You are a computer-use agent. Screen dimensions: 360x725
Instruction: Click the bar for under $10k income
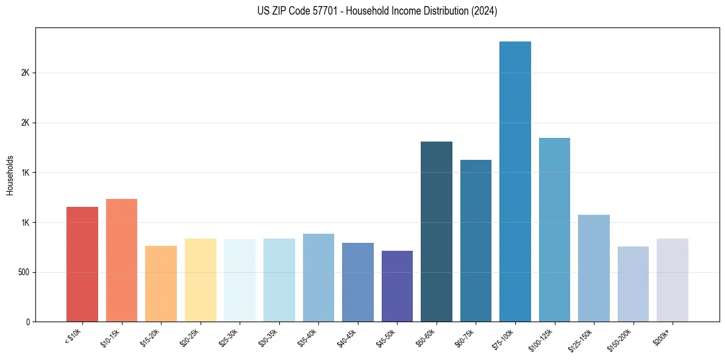click(82, 264)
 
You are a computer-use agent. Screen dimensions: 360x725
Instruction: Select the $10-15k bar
click(121, 260)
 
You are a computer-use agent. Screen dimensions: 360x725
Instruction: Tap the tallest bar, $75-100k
click(515, 181)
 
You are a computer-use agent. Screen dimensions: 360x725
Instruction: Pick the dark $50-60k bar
click(437, 231)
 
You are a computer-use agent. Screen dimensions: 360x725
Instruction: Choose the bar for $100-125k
click(554, 229)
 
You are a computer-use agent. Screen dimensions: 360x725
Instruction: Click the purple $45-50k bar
click(397, 286)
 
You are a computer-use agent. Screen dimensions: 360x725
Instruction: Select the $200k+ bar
click(673, 279)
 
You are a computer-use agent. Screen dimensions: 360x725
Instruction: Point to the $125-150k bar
click(594, 268)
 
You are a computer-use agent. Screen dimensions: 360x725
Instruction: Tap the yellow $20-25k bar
click(200, 279)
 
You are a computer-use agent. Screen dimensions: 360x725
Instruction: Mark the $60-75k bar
click(476, 240)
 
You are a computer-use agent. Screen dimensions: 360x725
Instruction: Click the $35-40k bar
click(318, 277)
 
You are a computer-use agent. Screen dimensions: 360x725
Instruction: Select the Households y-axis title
click(10, 175)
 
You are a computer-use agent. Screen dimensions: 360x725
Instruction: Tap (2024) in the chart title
click(484, 11)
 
